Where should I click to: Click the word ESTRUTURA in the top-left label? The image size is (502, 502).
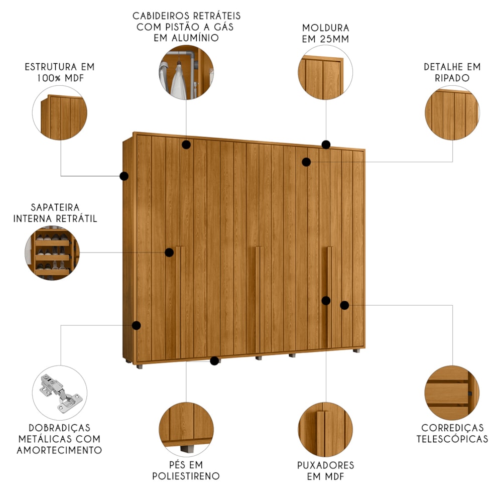pos(51,67)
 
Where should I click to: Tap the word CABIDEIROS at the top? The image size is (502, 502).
pos(159,16)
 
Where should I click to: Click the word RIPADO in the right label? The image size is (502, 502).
pos(452,78)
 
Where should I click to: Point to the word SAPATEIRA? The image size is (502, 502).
pos(55,207)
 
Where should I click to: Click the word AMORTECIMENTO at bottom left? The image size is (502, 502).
pos(59,450)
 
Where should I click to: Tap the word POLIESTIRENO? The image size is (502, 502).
pos(186,476)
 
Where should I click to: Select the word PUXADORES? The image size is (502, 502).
pos(326,465)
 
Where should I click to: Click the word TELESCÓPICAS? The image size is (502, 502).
pos(452,439)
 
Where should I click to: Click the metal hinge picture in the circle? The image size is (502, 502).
pos(61,393)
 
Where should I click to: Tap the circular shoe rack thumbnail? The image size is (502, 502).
pos(52,253)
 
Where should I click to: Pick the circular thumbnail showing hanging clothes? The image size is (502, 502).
pos(186,72)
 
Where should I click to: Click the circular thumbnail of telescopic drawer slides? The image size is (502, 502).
pos(452,393)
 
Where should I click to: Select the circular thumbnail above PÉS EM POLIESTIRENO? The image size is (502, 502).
pos(186,429)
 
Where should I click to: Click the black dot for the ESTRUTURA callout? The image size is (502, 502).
pos(124,176)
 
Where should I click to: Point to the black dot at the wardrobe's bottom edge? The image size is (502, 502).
pos(214,361)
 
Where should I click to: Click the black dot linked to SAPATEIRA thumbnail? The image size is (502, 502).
pos(169,253)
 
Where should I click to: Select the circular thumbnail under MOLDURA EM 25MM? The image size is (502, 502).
pos(325,72)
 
